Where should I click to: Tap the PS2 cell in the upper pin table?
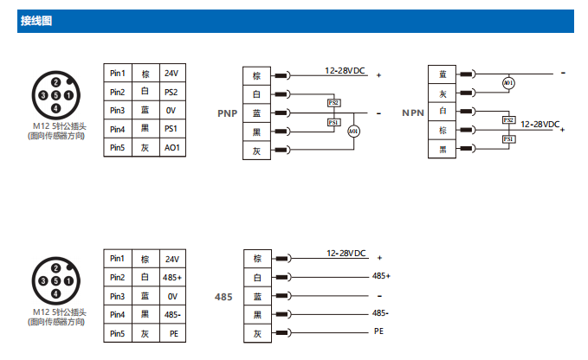click(171, 92)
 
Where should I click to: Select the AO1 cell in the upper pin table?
click(171, 147)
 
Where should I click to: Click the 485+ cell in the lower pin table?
click(171, 277)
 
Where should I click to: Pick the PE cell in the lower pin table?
click(171, 332)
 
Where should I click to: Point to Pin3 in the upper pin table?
click(117, 110)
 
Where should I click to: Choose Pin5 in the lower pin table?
click(117, 332)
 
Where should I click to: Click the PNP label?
click(227, 113)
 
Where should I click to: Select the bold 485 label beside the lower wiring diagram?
click(223, 297)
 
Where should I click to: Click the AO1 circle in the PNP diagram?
click(353, 132)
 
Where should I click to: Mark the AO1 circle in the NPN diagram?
click(509, 83)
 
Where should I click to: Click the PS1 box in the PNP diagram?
click(334, 122)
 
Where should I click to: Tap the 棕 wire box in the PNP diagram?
click(256, 75)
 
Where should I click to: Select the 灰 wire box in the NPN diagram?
click(443, 93)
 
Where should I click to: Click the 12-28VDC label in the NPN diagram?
click(540, 125)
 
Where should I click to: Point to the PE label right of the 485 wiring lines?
click(378, 331)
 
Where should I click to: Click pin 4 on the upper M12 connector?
click(55, 108)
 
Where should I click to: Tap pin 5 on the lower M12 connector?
click(55, 280)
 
